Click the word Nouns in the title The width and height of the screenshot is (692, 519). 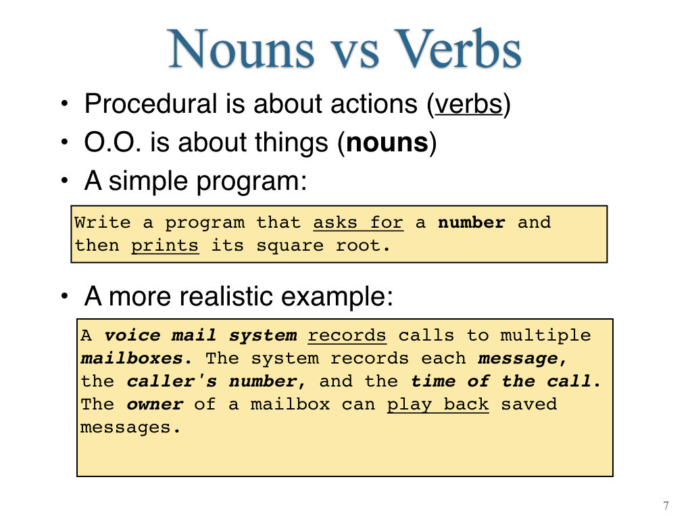coord(241,49)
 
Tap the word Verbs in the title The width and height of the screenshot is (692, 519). coord(458,49)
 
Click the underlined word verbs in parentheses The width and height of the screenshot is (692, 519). coord(469,104)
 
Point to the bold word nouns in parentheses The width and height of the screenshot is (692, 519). coord(387,143)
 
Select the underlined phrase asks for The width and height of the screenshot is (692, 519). coord(358,222)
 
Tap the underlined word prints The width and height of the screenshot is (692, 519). coord(165,246)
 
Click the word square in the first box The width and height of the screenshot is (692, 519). coord(290,246)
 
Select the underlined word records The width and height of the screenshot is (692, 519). coord(347,335)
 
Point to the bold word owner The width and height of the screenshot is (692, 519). coord(155,404)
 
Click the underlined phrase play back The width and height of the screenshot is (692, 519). coord(438,405)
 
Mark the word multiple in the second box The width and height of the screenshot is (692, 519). coord(545,336)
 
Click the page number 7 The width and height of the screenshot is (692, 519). coord(666,505)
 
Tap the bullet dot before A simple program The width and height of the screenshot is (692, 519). coord(65,180)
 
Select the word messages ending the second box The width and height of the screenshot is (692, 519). coord(130,427)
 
